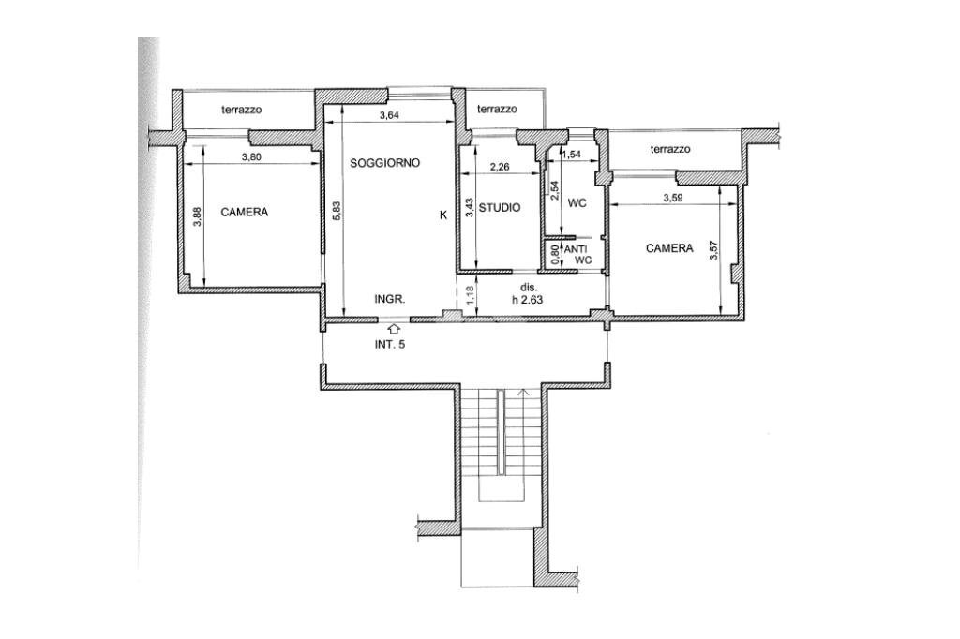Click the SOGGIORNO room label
click(x=385, y=163)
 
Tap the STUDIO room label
click(x=500, y=208)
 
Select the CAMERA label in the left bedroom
click(x=244, y=213)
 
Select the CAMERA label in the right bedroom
click(x=669, y=248)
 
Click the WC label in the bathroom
click(x=577, y=203)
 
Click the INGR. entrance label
click(x=389, y=300)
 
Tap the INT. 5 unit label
click(x=390, y=344)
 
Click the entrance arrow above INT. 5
click(x=395, y=328)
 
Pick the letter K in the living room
click(x=443, y=215)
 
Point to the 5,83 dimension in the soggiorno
click(x=336, y=212)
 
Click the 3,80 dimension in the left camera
click(x=251, y=156)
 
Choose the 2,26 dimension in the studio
click(x=501, y=169)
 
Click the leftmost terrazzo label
click(x=241, y=110)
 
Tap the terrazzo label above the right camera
click(x=669, y=149)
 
